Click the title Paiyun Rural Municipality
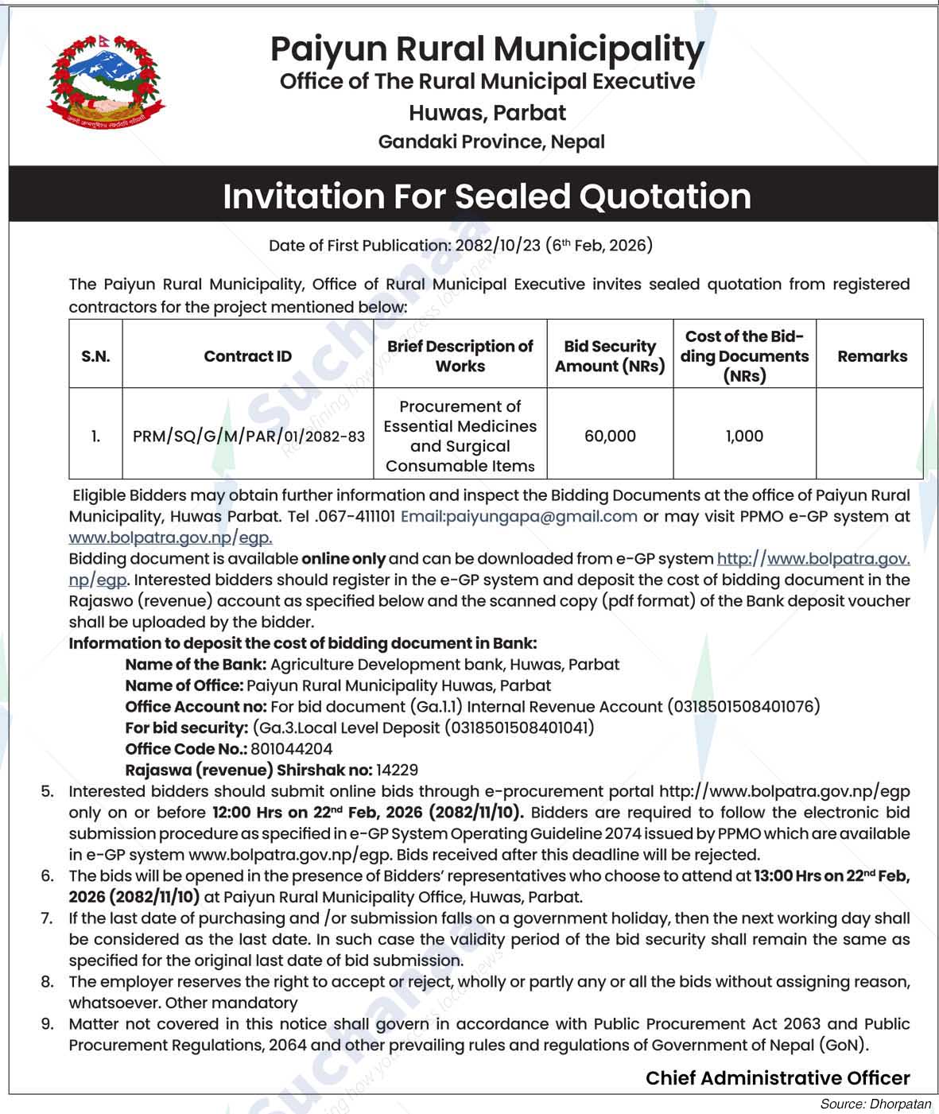[487, 49]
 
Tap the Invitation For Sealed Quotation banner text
[487, 196]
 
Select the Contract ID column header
[247, 356]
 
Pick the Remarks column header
[872, 356]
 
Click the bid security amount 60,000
[610, 436]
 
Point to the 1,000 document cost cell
[744, 436]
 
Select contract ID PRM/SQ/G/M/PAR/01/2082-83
[249, 436]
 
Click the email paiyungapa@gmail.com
[519, 516]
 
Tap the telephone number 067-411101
[355, 516]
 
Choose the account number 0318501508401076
[743, 706]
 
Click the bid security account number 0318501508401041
[518, 727]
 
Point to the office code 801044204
[292, 748]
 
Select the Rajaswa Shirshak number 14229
[397, 770]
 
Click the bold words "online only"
[343, 558]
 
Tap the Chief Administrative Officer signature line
[778, 1078]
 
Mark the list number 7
[48, 918]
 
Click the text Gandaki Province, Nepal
[491, 142]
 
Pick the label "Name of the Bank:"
[196, 664]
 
